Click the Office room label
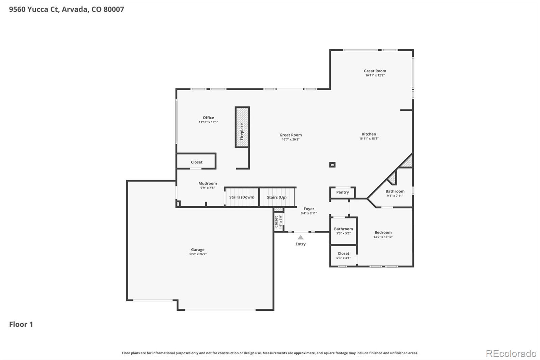coord(208,118)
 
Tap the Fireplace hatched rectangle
coord(242,127)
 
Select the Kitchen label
coord(369,134)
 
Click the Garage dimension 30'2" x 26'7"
coord(197,254)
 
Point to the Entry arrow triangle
coord(300,237)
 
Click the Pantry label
coord(342,192)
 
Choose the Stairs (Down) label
coord(242,197)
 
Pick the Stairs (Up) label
coord(276,197)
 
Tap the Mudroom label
coord(208,183)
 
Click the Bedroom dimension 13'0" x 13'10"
coord(383,237)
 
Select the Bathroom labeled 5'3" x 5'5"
coord(343,229)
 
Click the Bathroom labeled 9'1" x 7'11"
coord(395,191)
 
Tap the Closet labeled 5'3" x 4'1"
coord(343,253)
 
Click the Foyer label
coord(308,209)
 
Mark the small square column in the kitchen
coord(332,165)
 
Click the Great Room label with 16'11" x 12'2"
coord(375,71)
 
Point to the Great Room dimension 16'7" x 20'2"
coord(291,139)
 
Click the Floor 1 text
coord(21,324)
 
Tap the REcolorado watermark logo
coord(511,353)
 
